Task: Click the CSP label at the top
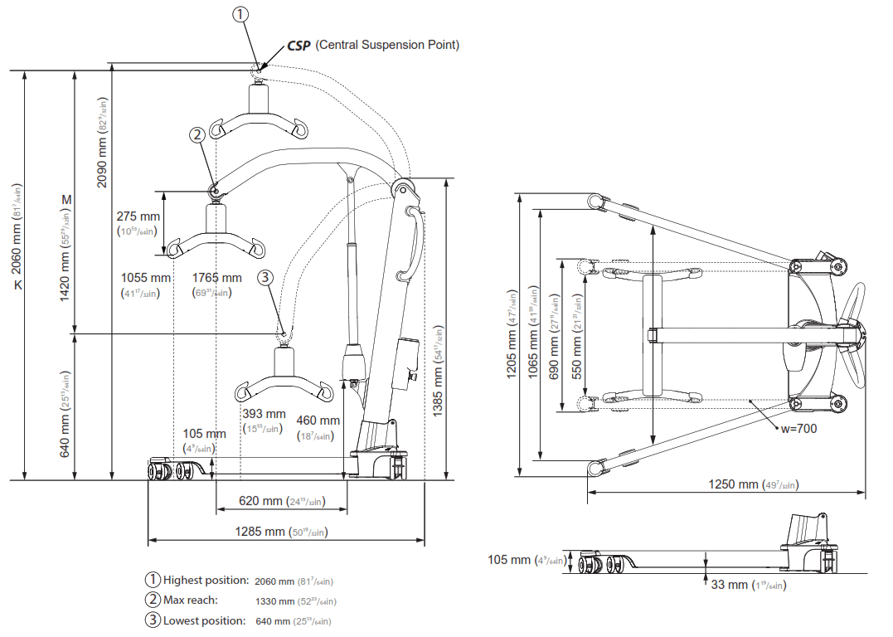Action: coord(298,45)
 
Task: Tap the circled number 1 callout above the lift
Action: coord(240,15)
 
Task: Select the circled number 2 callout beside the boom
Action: coord(197,134)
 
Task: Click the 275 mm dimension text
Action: coord(138,217)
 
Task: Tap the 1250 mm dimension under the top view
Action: coord(733,484)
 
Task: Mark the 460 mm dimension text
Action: coord(318,421)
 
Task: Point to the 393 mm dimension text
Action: coord(264,414)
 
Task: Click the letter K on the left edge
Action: coord(16,284)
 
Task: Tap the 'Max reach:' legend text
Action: coord(190,600)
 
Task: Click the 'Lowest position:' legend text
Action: coord(204,620)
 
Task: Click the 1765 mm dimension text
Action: coord(217,278)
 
